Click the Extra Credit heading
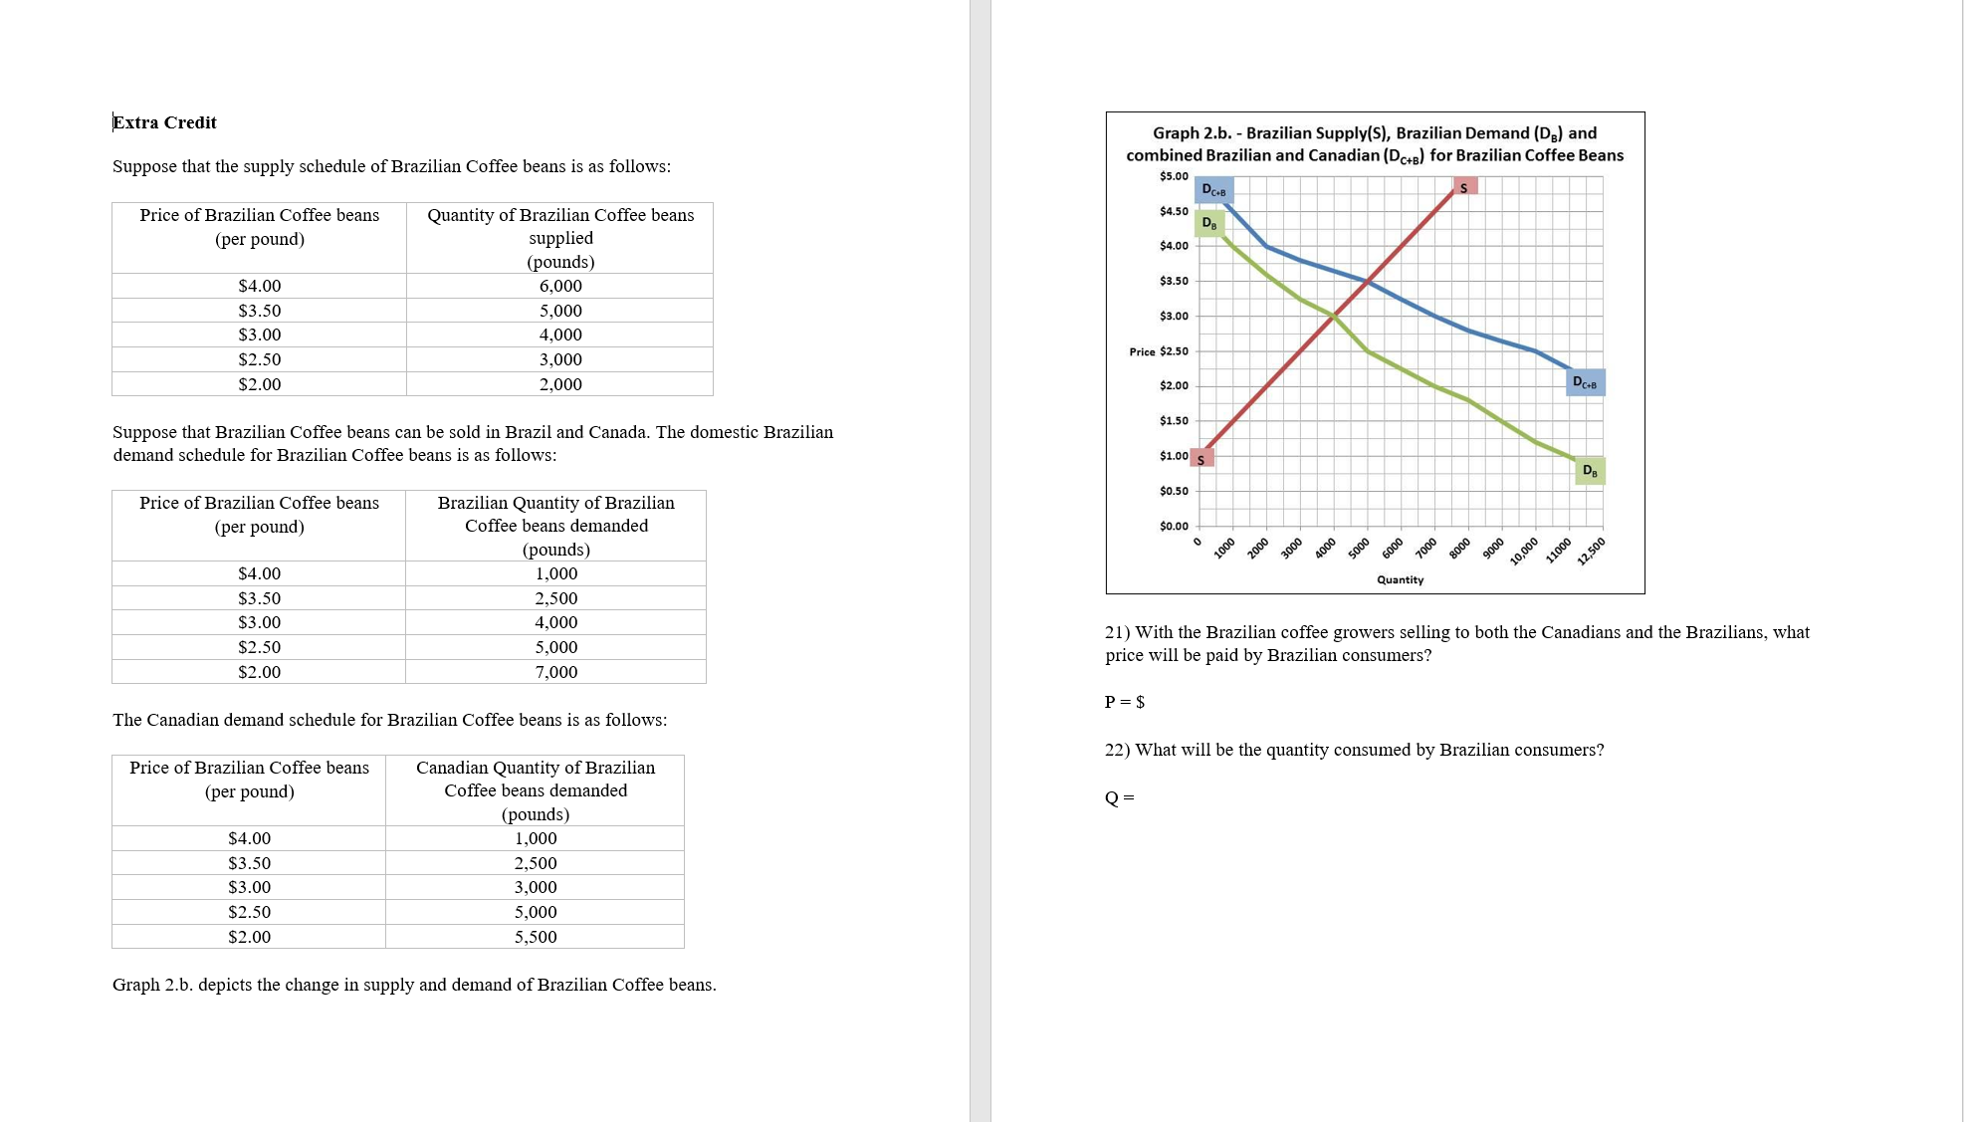pyautogui.click(x=164, y=122)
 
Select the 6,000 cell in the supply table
pyautogui.click(x=560, y=286)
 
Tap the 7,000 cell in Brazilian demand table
pyautogui.click(x=555, y=672)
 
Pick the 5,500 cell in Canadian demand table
pyautogui.click(x=536, y=937)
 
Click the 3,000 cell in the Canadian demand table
pyautogui.click(x=536, y=887)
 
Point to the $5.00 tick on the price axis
pyautogui.click(x=1174, y=176)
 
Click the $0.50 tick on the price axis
pyautogui.click(x=1174, y=491)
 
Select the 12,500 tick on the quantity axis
pyautogui.click(x=1591, y=551)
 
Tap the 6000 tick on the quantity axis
pyautogui.click(x=1392, y=548)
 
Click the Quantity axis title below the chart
pyautogui.click(x=1400, y=579)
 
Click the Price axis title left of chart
pyautogui.click(x=1142, y=351)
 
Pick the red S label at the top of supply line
pyautogui.click(x=1463, y=187)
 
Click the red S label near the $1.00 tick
pyautogui.click(x=1200, y=459)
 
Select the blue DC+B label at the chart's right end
pyautogui.click(x=1584, y=382)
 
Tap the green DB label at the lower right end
pyautogui.click(x=1590, y=471)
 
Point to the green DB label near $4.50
pyautogui.click(x=1208, y=223)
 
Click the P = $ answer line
pyautogui.click(x=1125, y=702)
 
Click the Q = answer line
pyautogui.click(x=1120, y=797)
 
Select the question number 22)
pyautogui.click(x=1117, y=750)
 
